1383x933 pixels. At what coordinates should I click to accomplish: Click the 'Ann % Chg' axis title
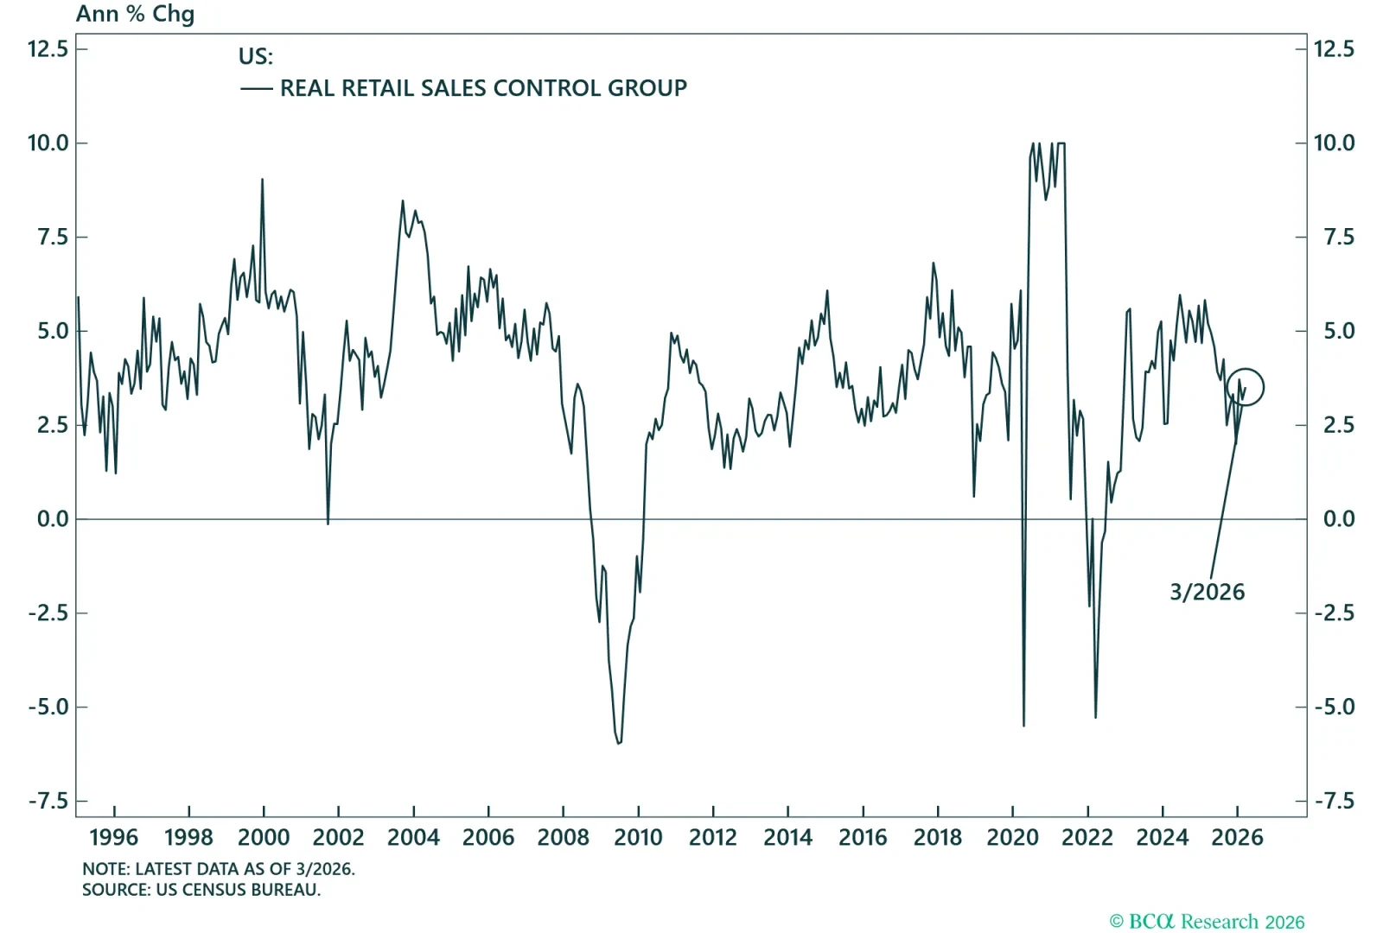pos(135,14)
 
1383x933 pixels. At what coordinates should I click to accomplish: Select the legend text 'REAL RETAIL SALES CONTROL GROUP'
pos(483,88)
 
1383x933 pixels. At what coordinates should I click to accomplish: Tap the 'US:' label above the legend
pos(256,56)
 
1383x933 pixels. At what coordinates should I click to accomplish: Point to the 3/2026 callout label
pos(1207,593)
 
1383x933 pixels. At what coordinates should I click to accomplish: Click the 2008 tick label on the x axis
pos(563,837)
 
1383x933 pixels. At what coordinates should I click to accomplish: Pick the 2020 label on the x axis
pos(1012,837)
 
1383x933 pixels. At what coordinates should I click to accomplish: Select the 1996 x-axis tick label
pos(113,837)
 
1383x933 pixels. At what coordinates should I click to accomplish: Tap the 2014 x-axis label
pos(787,837)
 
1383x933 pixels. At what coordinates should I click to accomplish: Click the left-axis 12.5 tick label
pos(48,48)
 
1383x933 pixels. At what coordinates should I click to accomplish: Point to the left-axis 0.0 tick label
pos(53,519)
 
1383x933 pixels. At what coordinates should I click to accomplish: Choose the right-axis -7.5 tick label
pos(1335,801)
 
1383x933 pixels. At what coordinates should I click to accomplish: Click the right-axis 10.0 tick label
pos(1335,143)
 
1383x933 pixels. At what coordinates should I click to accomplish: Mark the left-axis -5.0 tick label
pos(48,707)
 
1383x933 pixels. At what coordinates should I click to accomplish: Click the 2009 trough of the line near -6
pos(619,743)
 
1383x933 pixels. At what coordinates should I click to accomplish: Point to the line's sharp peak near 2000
pos(263,180)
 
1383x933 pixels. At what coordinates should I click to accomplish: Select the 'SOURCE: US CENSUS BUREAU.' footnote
pos(201,890)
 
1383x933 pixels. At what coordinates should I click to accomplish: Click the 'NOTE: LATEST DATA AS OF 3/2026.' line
pos(219,869)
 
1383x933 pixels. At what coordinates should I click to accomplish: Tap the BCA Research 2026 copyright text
pos(1207,921)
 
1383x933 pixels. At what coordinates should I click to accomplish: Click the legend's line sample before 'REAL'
pos(256,89)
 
